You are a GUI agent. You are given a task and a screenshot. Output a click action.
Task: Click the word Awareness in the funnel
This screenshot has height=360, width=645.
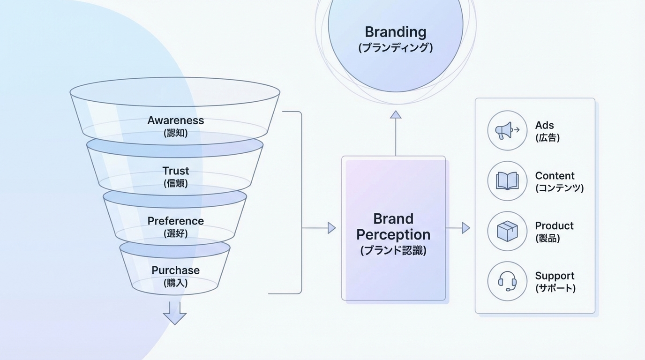click(176, 120)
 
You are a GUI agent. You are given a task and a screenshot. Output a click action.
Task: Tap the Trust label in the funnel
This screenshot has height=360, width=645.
click(176, 171)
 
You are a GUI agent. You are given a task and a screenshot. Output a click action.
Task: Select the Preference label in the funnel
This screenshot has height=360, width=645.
click(176, 221)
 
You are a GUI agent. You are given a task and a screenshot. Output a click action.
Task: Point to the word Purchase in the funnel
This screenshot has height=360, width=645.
click(176, 270)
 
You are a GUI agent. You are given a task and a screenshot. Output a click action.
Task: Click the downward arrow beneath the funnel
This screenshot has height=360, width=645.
click(175, 313)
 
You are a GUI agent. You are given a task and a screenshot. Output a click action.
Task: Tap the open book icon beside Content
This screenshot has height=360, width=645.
click(507, 181)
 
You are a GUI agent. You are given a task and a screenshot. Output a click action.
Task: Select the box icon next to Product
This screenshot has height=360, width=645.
click(507, 231)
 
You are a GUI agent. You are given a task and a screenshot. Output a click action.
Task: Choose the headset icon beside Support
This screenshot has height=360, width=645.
click(507, 281)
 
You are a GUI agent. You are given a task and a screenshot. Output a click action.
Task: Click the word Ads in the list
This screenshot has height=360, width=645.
click(545, 126)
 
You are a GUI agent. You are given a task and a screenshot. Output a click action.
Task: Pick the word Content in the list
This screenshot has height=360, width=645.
click(555, 176)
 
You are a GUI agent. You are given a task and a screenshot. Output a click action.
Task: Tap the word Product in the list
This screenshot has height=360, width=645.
click(554, 226)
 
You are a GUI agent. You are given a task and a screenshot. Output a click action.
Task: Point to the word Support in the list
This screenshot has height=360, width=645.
click(555, 276)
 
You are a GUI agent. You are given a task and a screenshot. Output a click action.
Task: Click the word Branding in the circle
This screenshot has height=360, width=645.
click(396, 32)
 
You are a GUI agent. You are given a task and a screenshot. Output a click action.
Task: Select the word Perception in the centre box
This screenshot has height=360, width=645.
click(393, 234)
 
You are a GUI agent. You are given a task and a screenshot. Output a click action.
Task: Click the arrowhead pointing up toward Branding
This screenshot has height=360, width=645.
click(396, 114)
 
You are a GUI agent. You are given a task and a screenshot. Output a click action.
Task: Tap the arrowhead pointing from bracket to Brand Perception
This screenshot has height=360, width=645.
click(332, 228)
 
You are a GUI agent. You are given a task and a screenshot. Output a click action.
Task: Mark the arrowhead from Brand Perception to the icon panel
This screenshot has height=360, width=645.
click(466, 228)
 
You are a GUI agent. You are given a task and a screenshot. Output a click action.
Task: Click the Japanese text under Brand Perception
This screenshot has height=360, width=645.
click(393, 250)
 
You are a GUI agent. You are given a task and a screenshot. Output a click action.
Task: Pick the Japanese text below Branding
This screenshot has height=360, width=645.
click(396, 48)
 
